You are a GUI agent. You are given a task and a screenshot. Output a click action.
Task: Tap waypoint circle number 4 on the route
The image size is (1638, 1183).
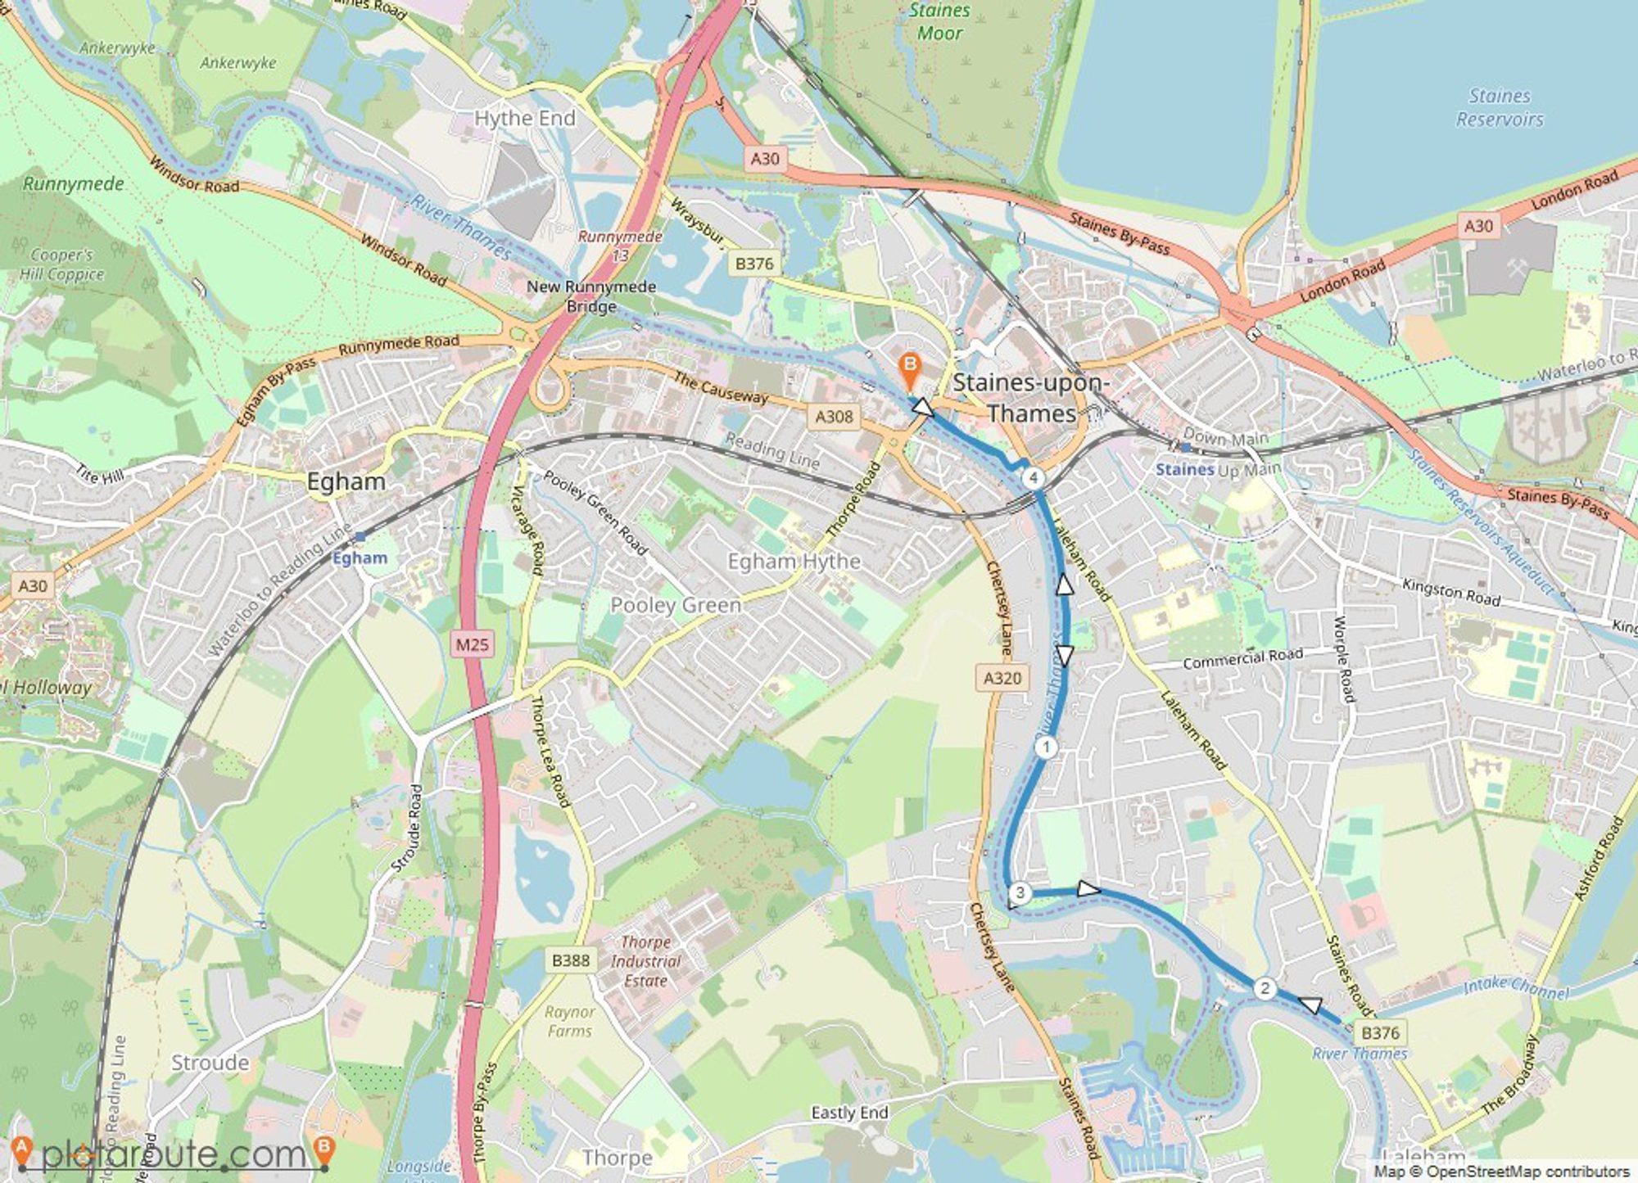pyautogui.click(x=1034, y=477)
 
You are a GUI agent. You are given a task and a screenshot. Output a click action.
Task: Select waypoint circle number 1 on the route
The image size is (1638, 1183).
pyautogui.click(x=1046, y=747)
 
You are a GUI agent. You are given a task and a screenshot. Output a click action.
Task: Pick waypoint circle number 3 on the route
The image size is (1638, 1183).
pyautogui.click(x=1020, y=893)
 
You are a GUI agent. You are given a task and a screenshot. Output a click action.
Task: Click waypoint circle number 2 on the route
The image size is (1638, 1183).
pyautogui.click(x=1265, y=989)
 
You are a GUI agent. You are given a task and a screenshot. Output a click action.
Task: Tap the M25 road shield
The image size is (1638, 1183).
pyautogui.click(x=473, y=644)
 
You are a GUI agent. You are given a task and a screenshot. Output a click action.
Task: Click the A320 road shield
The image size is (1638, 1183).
pyautogui.click(x=1002, y=678)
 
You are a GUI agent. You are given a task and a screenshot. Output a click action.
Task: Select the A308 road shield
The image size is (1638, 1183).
pyautogui.click(x=834, y=417)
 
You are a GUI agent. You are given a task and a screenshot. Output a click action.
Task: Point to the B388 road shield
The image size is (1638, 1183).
pyautogui.click(x=571, y=959)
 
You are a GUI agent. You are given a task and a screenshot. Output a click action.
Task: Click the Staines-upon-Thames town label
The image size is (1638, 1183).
pyautogui.click(x=1031, y=398)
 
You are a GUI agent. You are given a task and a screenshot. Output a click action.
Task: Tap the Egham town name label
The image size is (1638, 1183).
pyautogui.click(x=346, y=481)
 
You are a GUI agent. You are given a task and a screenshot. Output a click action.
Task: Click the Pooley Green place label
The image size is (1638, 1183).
pyautogui.click(x=676, y=605)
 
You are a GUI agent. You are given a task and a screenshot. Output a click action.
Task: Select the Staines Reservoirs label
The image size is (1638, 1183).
pyautogui.click(x=1499, y=107)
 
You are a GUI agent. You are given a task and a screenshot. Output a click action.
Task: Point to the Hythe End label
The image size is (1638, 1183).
pyautogui.click(x=525, y=119)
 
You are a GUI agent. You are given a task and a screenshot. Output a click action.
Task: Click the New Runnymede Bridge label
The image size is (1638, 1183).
pyautogui.click(x=590, y=296)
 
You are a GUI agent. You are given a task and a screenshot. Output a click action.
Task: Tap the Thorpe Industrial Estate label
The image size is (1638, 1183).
pyautogui.click(x=645, y=961)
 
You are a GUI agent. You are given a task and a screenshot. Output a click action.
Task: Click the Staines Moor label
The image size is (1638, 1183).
pyautogui.click(x=939, y=22)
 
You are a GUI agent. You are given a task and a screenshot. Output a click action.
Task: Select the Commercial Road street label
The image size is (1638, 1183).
pyautogui.click(x=1242, y=658)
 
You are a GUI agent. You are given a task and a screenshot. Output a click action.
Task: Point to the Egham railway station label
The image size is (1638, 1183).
pyautogui.click(x=360, y=558)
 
